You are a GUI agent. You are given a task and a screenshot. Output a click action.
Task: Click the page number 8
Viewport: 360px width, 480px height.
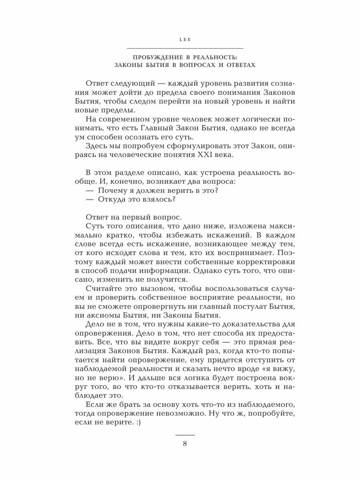[185, 443]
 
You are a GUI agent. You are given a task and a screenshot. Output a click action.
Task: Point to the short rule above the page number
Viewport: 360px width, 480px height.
[185, 434]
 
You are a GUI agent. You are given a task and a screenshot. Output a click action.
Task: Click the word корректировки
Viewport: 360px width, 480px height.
[251, 262]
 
